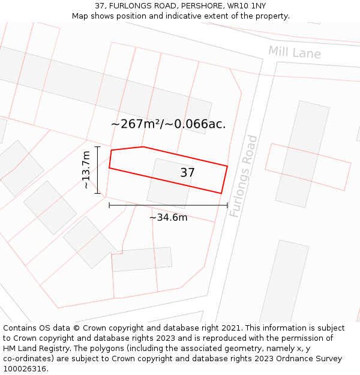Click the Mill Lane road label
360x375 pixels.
click(294, 52)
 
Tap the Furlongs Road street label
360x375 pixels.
click(243, 176)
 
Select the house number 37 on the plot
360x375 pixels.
click(187, 173)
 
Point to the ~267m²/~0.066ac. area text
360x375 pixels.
click(169, 124)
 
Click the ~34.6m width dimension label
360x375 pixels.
click(168, 217)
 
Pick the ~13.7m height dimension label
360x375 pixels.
click(87, 170)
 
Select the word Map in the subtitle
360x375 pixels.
click(81, 16)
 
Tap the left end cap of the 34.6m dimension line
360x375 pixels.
click(109, 205)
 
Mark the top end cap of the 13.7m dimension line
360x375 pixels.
click(97, 146)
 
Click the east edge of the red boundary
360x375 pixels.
click(224, 179)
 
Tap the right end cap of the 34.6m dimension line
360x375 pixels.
click(227, 205)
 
